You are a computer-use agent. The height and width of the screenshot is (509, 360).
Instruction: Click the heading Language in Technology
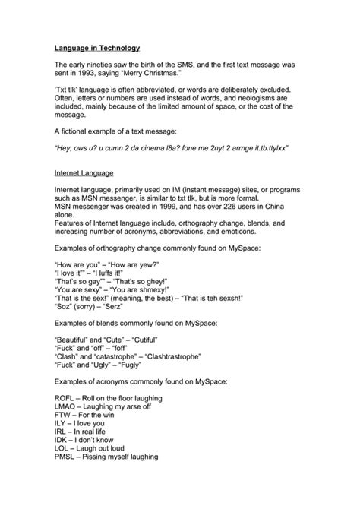click(x=96, y=47)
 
